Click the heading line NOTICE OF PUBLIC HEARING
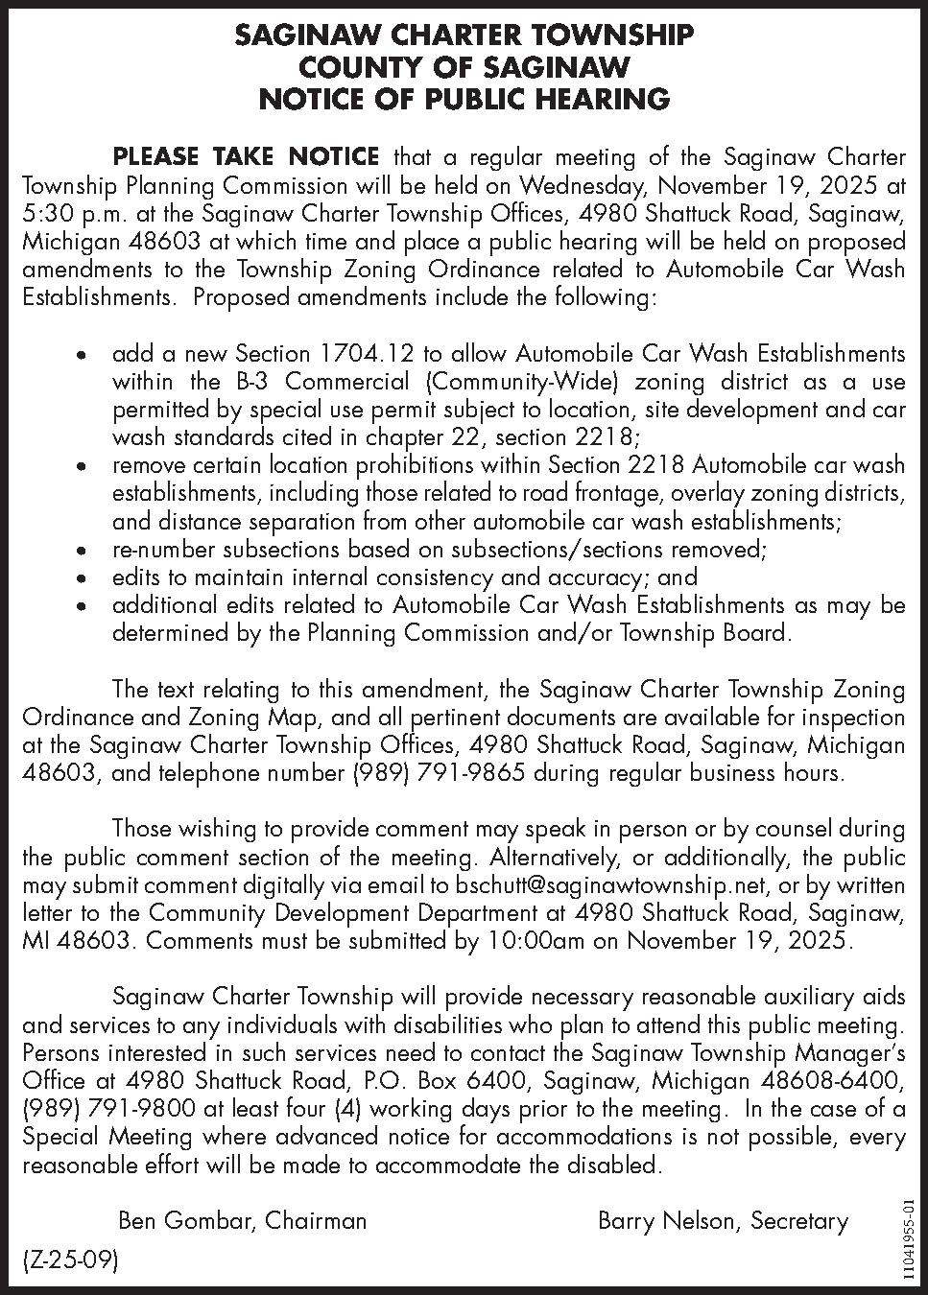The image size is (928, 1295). click(x=464, y=99)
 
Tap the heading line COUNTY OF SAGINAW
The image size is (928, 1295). click(x=464, y=67)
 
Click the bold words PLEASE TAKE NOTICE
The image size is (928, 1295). click(x=247, y=156)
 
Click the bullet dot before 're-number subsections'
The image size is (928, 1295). click(x=84, y=552)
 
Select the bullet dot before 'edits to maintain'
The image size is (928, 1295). click(x=84, y=579)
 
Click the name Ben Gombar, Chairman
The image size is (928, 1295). click(x=242, y=1220)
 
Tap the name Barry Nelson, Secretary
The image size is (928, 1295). click(x=723, y=1220)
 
